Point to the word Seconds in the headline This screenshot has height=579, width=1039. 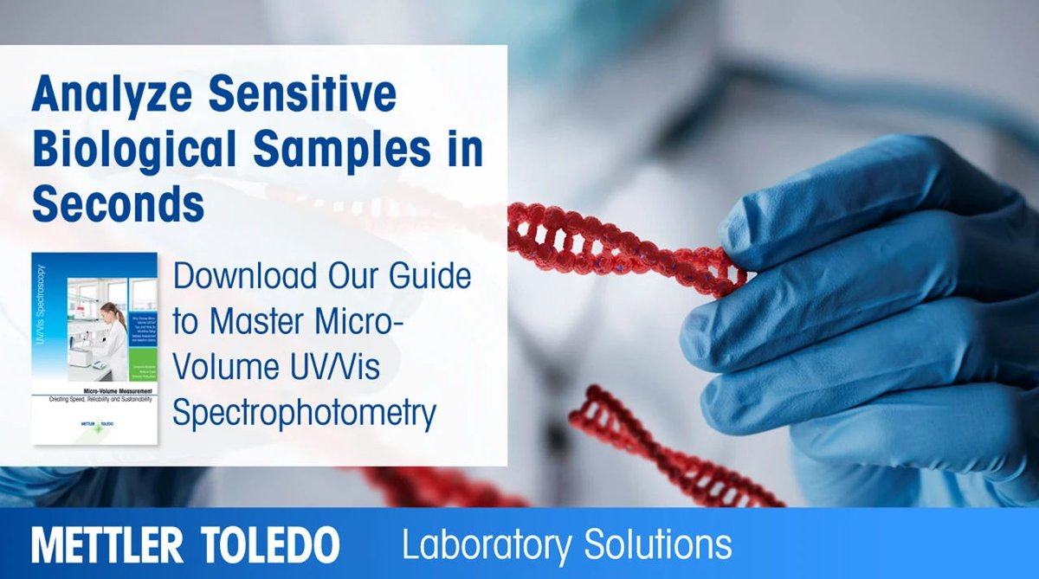(118, 205)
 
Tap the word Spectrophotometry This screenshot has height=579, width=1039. (304, 414)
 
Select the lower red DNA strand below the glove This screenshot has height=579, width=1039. (667, 450)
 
